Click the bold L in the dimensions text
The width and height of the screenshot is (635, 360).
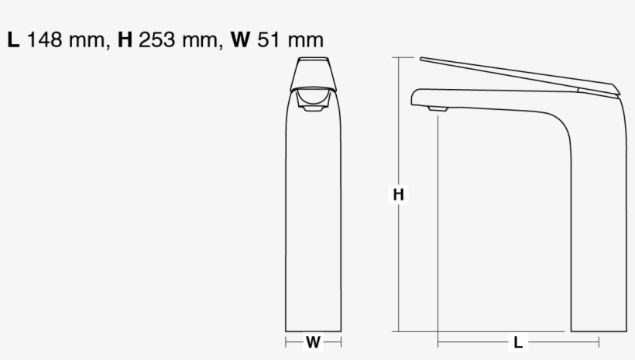coord(13,40)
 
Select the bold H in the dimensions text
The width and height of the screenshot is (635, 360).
coord(125,40)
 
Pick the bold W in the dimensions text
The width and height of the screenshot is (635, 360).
coord(241,40)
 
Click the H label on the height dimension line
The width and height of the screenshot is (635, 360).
coord(398,195)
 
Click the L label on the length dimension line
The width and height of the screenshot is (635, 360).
coord(518,341)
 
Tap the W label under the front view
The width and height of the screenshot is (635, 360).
coord(313,341)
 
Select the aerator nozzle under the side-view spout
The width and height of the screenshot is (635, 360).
coord(438,110)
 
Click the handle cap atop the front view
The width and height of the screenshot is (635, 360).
coord(314,63)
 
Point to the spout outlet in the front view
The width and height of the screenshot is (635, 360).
coord(314,108)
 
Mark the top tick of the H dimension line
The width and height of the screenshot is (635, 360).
coord(399,57)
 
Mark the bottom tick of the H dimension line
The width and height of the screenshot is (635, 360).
coord(399,331)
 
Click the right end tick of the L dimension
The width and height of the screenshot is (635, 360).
coord(598,341)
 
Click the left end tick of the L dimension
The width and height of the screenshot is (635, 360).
coord(438,341)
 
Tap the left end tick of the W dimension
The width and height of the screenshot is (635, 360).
coord(286,341)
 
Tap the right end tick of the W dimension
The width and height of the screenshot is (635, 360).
coord(342,341)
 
